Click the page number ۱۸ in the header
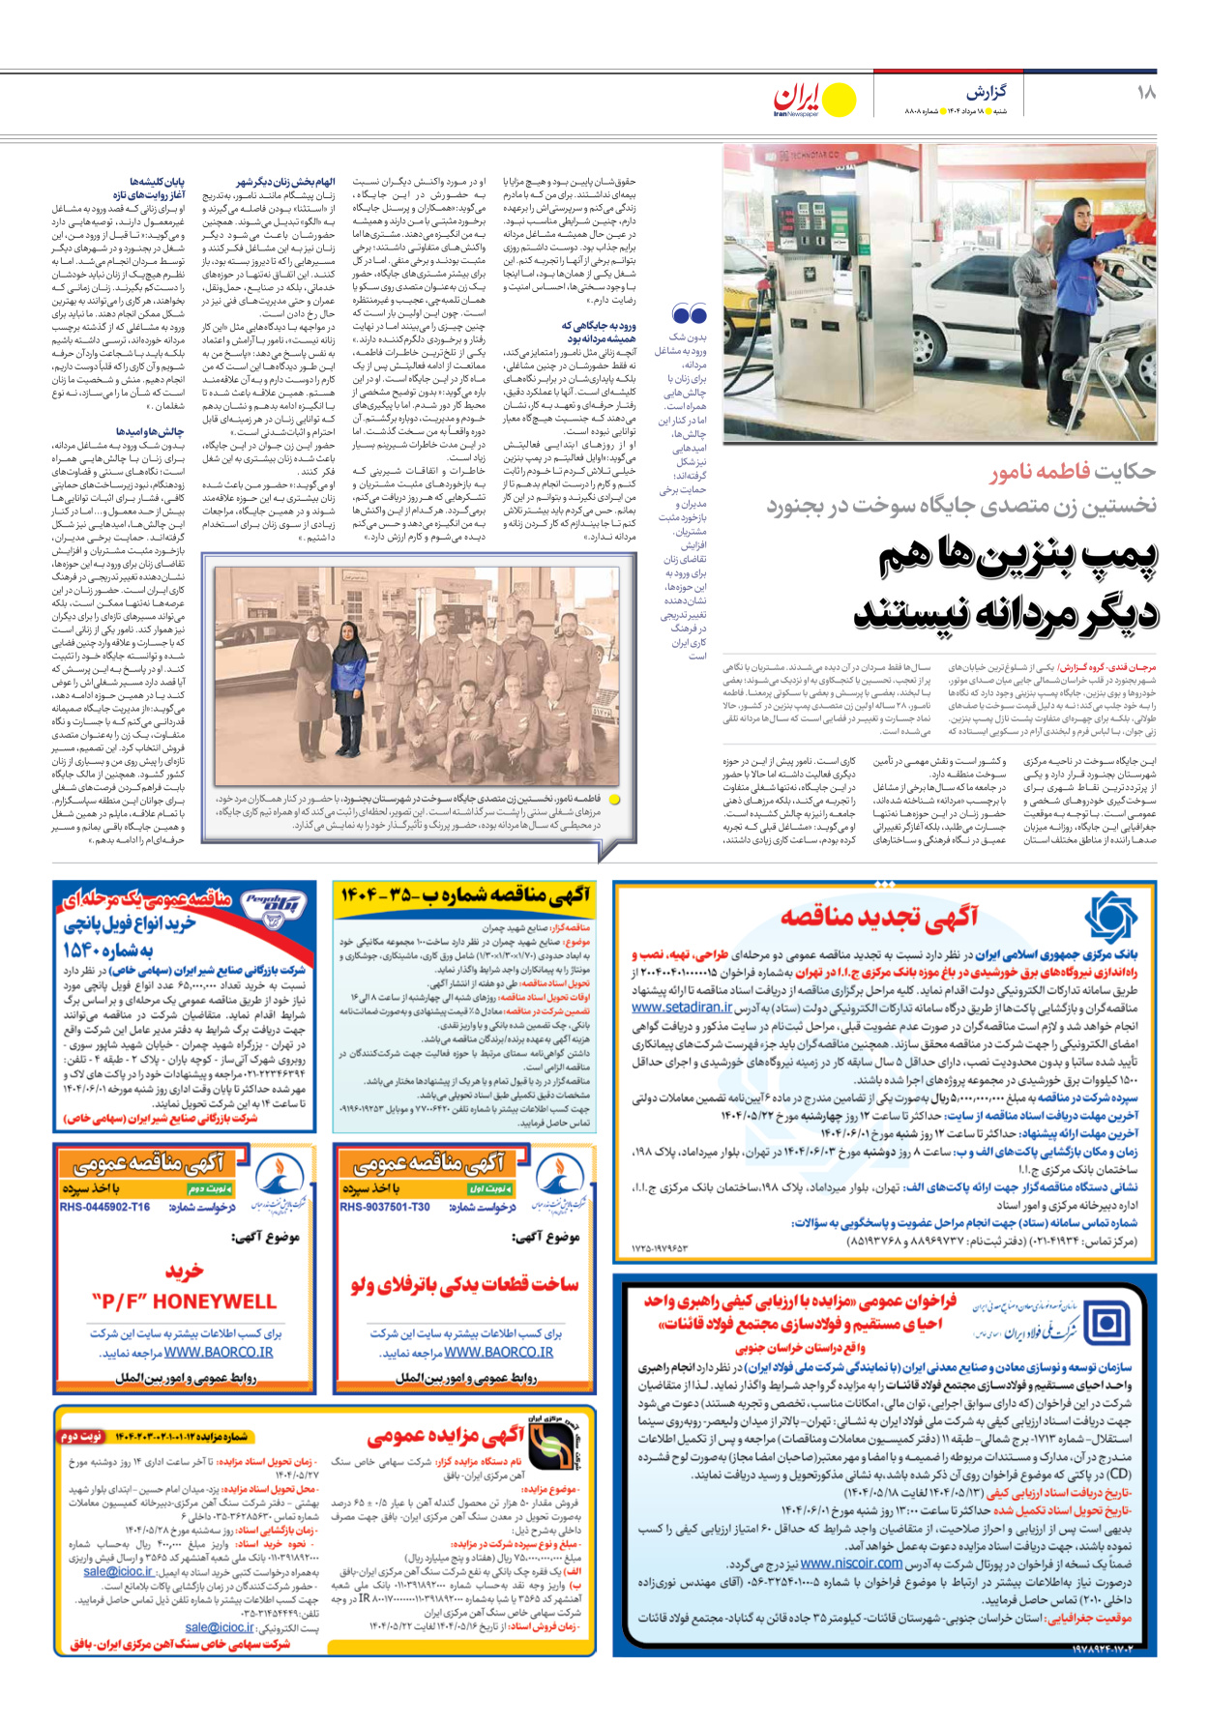(x=1146, y=93)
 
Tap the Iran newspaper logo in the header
(x=813, y=100)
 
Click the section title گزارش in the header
(x=986, y=93)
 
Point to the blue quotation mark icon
(x=689, y=314)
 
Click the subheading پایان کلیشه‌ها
(x=158, y=182)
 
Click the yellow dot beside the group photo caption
(x=614, y=800)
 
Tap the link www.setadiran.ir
(x=682, y=1008)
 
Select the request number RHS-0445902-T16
(x=105, y=1207)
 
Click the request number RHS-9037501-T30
(x=385, y=1207)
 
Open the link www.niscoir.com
(x=851, y=1564)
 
